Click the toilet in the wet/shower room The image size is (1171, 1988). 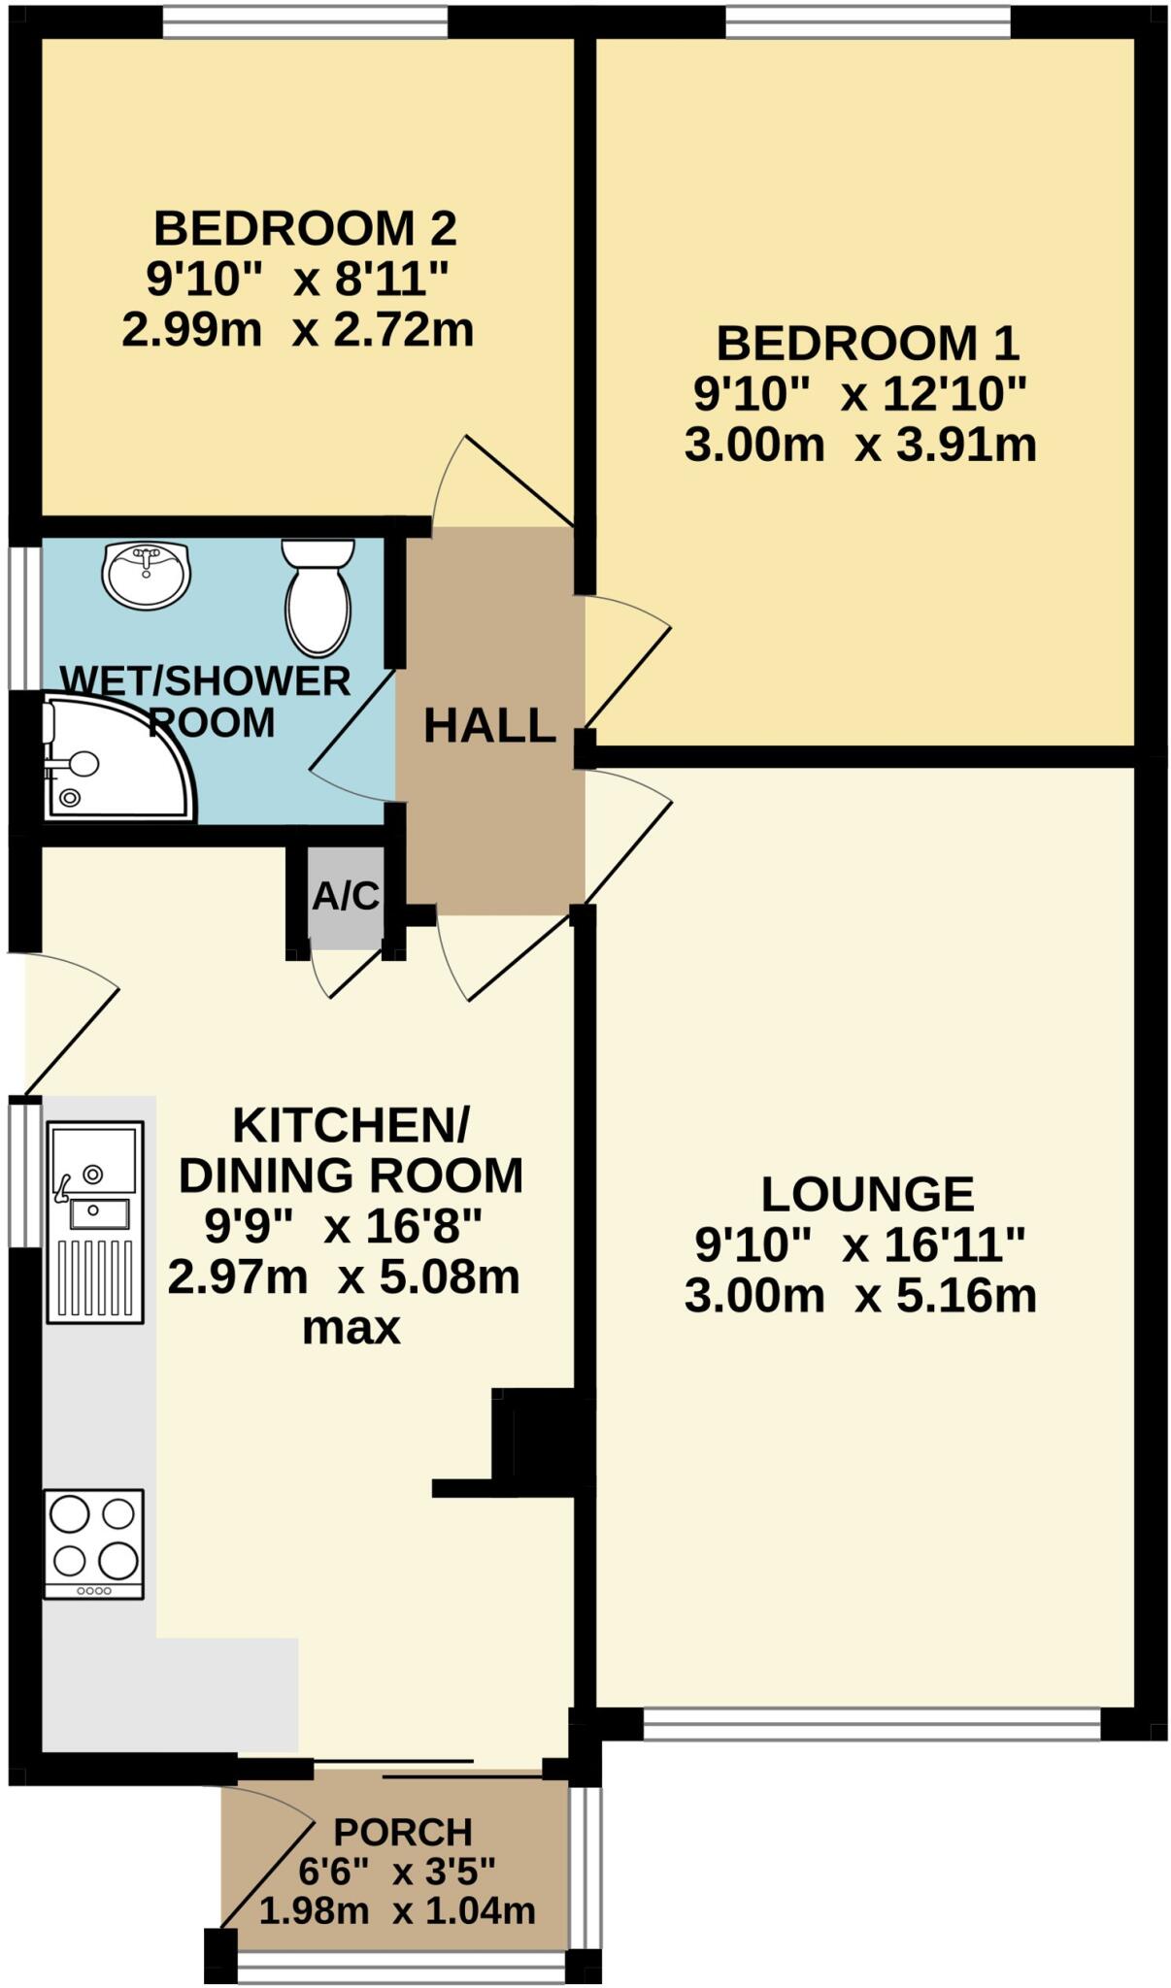(x=318, y=597)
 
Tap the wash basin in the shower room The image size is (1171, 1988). (x=146, y=575)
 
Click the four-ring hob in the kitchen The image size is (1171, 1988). (x=94, y=1543)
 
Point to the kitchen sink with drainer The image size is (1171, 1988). (x=94, y=1221)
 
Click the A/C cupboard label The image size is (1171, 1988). (x=346, y=896)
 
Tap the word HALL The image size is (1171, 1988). (x=489, y=726)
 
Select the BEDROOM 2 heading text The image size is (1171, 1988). (x=305, y=229)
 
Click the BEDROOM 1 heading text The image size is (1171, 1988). (x=867, y=344)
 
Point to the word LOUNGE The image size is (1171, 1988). (x=867, y=1194)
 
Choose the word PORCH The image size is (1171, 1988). (x=402, y=1832)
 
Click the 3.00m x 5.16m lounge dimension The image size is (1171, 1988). (x=860, y=1296)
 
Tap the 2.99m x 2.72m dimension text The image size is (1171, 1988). (x=297, y=330)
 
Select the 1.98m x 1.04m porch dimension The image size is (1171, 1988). (x=397, y=1910)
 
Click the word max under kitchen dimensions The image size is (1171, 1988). (x=351, y=1327)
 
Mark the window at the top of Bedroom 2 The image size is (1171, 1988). (x=305, y=22)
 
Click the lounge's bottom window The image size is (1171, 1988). (x=871, y=1724)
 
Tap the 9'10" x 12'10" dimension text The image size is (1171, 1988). (x=860, y=395)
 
